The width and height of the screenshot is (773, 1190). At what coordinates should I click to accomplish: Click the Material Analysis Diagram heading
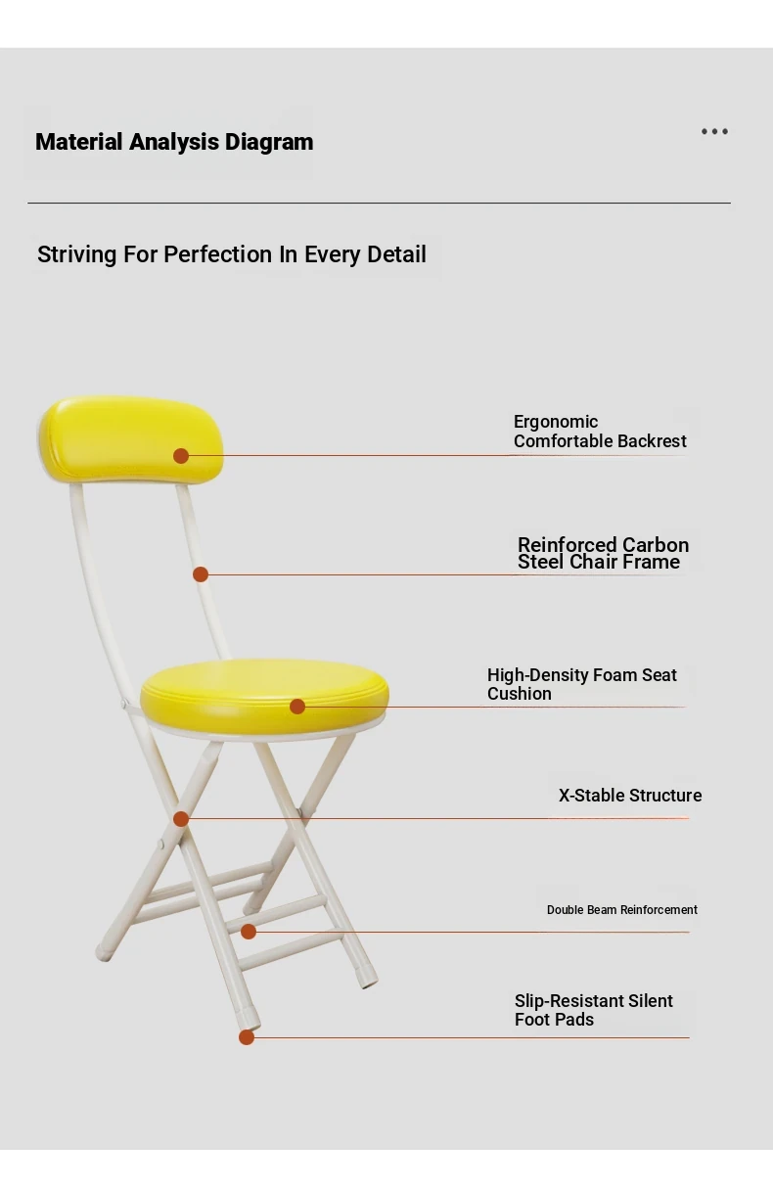tap(174, 142)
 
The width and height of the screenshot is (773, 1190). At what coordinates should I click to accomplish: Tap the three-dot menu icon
tap(714, 131)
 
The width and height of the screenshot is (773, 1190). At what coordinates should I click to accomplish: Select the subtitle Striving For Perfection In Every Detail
tap(232, 254)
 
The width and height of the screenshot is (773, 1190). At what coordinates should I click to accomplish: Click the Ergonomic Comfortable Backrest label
tap(600, 432)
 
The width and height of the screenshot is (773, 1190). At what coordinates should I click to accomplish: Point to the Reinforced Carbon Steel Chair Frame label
tap(603, 553)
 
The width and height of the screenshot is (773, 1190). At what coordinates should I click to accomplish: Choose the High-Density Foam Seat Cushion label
tap(582, 684)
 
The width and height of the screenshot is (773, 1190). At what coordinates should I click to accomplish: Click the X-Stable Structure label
tap(630, 796)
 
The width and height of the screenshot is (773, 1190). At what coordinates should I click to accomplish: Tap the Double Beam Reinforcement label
tap(622, 910)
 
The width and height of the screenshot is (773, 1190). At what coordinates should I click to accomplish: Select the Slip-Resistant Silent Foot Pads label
tap(593, 1010)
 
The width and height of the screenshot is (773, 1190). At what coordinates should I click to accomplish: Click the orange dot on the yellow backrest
tap(181, 456)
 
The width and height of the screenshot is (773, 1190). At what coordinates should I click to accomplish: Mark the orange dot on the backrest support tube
tap(201, 574)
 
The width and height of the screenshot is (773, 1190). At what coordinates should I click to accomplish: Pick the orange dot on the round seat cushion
tap(297, 707)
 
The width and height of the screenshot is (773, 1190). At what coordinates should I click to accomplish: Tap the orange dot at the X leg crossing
tap(181, 819)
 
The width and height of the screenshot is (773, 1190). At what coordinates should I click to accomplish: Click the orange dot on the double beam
tap(249, 932)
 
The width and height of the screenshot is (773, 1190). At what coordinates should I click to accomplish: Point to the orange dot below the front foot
tap(247, 1037)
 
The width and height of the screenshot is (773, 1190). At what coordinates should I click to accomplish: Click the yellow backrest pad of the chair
tap(131, 438)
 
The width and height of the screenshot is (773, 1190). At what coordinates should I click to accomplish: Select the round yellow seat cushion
tap(264, 696)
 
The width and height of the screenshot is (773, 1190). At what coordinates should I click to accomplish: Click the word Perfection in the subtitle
tap(218, 254)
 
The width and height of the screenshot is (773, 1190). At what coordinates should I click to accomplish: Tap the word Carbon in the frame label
tap(656, 544)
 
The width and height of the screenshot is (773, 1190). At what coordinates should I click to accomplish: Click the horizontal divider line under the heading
tap(380, 203)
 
